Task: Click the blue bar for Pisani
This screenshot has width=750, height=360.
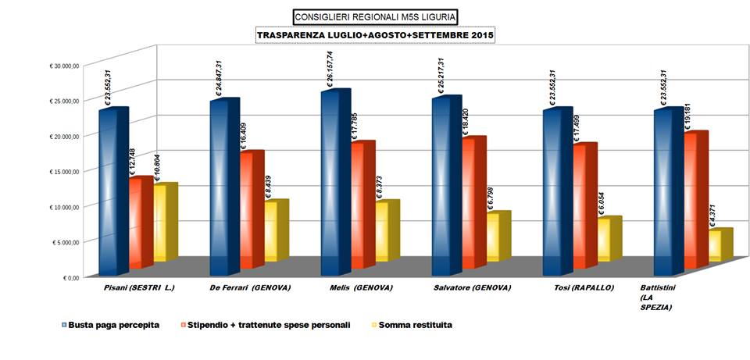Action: coord(113,191)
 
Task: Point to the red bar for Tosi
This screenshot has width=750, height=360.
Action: coord(584,206)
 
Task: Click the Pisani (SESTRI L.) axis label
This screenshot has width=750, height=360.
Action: coord(139,287)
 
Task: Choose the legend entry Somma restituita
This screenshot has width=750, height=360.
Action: coord(414,324)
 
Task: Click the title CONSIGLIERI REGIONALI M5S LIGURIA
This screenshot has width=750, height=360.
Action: coord(375,16)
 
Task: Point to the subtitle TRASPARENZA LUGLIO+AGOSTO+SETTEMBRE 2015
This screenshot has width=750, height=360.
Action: coord(376,35)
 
